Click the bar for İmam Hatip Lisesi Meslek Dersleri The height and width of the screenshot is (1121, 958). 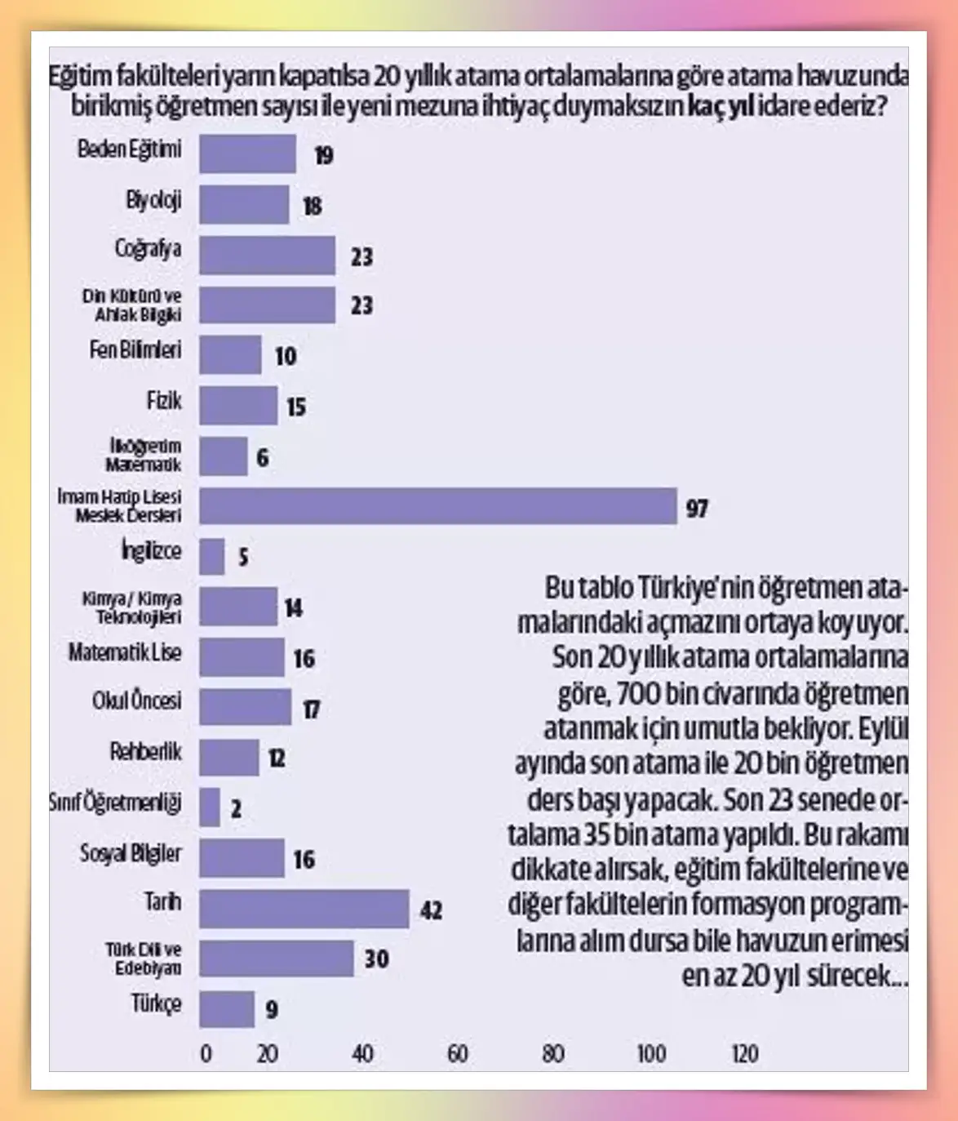(437, 506)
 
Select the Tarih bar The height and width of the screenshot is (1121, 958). (304, 909)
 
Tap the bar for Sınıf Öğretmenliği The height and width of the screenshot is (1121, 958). (210, 807)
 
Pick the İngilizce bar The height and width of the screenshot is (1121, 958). (211, 556)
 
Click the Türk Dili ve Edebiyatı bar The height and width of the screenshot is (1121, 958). (276, 959)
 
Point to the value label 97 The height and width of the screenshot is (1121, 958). (696, 509)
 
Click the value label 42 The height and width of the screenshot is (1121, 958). (431, 910)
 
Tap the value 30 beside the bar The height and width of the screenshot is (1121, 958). (376, 959)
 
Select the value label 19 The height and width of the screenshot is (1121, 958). (324, 155)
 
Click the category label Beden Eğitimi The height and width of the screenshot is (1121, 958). (130, 149)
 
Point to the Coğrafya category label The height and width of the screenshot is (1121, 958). (148, 249)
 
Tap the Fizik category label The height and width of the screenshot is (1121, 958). (164, 401)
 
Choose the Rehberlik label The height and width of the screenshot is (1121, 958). (146, 751)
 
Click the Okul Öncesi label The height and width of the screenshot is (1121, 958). (137, 701)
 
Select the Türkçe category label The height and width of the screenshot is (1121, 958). (157, 1003)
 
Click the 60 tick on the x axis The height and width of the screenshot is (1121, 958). (458, 1054)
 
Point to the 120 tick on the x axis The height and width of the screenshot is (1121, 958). (744, 1054)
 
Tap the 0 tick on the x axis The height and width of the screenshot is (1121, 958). (206, 1054)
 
